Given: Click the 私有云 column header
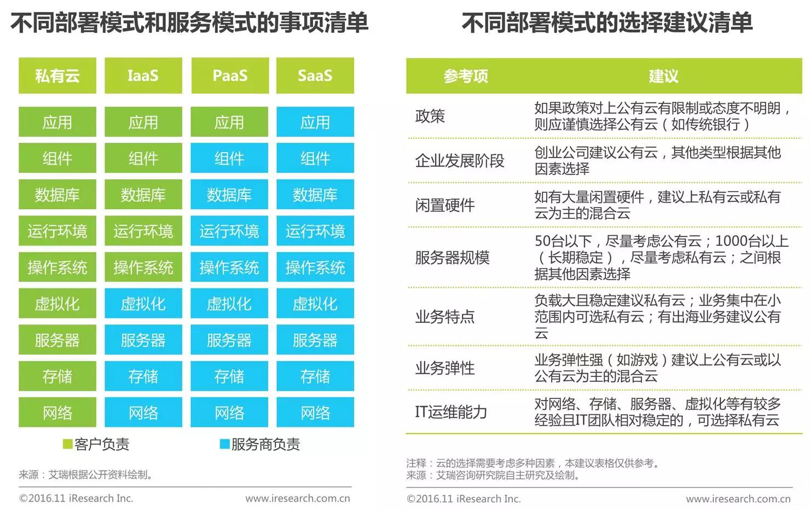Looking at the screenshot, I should click(x=57, y=76).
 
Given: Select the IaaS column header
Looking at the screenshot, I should click(x=143, y=76).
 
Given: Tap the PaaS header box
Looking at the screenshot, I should click(x=230, y=76).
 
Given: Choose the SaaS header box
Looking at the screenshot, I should click(x=315, y=76).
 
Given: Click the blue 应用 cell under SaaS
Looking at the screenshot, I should click(x=315, y=122).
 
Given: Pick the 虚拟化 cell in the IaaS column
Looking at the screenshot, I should click(x=143, y=304).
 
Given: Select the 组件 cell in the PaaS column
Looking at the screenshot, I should click(x=229, y=159).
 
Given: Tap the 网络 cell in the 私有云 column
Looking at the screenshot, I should click(x=57, y=413).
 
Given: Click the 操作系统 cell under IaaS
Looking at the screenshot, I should click(x=143, y=268).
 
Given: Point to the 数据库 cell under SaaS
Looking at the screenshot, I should click(x=315, y=195).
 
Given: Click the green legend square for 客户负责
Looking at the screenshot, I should click(x=68, y=444).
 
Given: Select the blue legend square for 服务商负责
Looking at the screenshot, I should click(x=224, y=444).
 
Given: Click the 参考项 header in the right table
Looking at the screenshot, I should click(x=466, y=76).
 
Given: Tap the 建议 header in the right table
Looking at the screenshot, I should click(x=663, y=76).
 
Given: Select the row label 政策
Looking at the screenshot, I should click(x=430, y=116).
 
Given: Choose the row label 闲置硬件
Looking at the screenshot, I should click(x=445, y=205).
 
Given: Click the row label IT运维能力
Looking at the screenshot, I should click(x=451, y=412).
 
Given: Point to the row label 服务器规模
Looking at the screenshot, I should click(x=452, y=257).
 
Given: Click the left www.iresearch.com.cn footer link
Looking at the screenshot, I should click(x=298, y=499).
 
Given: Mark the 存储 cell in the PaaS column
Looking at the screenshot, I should click(x=229, y=376).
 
